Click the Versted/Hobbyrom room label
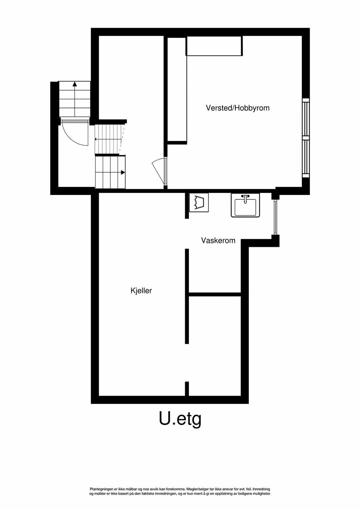[x=237, y=108]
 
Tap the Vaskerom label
[x=218, y=241]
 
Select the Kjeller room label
[x=141, y=290]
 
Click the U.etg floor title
[x=180, y=419]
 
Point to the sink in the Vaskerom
[x=245, y=206]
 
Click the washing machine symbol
[x=199, y=202]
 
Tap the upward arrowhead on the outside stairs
[x=74, y=84]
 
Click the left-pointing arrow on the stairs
[x=96, y=139]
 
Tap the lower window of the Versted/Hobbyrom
[x=306, y=158]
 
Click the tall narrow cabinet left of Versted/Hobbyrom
[x=177, y=89]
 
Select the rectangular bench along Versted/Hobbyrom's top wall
[x=214, y=46]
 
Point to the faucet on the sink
[x=245, y=198]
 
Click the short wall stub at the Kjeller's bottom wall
[x=187, y=388]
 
